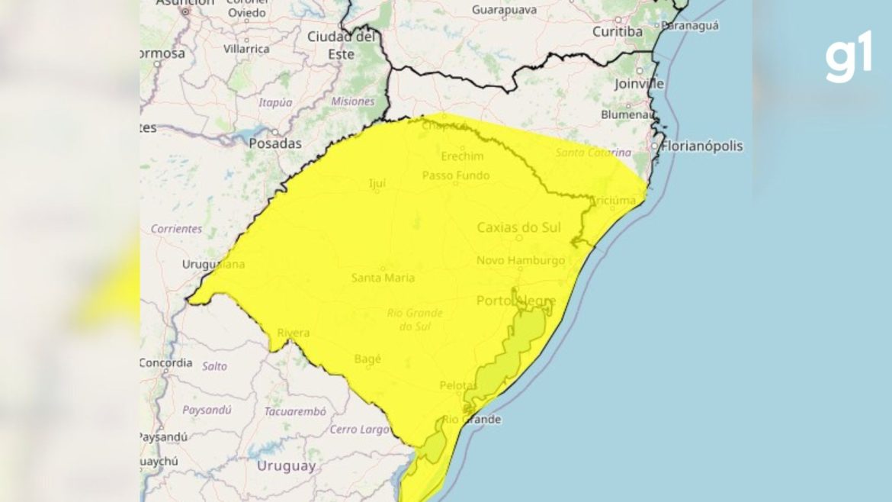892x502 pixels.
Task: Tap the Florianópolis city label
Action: (701, 146)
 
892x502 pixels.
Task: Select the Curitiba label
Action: (618, 31)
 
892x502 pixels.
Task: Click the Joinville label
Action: (639, 84)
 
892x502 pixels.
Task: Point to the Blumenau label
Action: (627, 114)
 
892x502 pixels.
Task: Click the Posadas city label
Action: (275, 143)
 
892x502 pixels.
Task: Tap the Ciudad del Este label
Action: (341, 45)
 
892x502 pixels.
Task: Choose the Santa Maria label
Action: (383, 278)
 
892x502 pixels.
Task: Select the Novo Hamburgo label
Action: (521, 260)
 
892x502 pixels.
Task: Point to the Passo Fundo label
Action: (456, 175)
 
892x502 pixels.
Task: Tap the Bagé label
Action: (368, 358)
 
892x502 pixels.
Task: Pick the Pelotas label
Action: (458, 385)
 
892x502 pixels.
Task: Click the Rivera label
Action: (293, 333)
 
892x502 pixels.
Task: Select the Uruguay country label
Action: (286, 466)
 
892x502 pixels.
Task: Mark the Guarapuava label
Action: (504, 10)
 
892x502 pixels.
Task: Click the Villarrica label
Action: (246, 49)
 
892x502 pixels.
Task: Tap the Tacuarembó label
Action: (295, 411)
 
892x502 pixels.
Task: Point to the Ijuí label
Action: (377, 183)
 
